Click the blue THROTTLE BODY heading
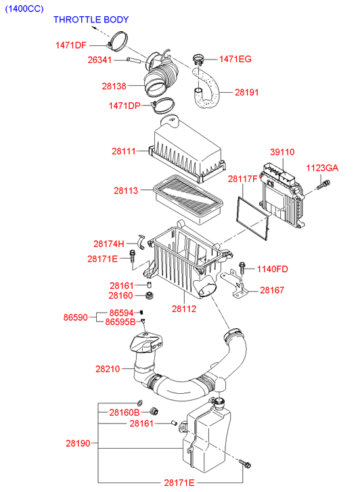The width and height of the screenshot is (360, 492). click(x=91, y=20)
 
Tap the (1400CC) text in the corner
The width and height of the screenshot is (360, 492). click(x=24, y=9)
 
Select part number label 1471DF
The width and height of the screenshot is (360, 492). click(x=70, y=45)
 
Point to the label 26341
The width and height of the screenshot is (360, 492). click(x=99, y=60)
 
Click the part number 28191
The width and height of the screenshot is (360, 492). click(x=247, y=92)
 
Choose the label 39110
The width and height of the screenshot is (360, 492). click(x=282, y=152)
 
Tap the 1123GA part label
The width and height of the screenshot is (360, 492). click(x=322, y=168)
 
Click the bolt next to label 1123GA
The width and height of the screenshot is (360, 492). click(x=323, y=184)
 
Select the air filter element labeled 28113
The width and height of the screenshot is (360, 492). click(x=188, y=200)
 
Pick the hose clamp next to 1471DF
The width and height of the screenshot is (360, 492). click(x=117, y=41)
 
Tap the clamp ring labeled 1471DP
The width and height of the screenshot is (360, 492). click(x=163, y=105)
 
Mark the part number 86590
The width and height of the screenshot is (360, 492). click(x=75, y=317)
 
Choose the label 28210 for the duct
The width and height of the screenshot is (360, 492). click(x=108, y=369)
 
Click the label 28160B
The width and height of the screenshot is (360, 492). click(x=125, y=412)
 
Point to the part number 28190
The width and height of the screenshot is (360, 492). click(x=78, y=443)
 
